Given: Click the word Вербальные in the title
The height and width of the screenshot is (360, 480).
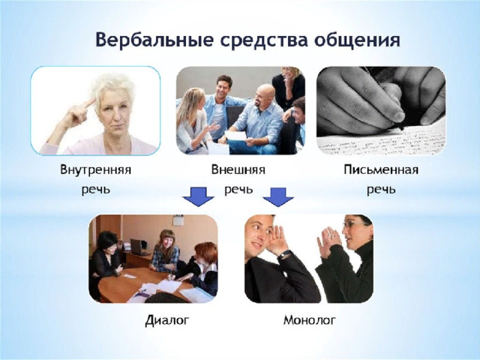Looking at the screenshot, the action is point(154,40).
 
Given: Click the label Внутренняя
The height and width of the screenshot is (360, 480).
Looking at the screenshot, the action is point(96,169).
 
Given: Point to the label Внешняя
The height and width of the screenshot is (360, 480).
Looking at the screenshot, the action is point(238,169).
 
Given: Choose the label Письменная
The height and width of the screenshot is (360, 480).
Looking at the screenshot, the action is point(381,169).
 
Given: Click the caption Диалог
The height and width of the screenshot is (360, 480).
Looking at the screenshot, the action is point(167,320).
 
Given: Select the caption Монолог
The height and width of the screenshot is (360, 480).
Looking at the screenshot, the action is point(310,320).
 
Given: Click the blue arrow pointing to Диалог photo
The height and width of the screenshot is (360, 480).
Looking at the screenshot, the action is point(198,196).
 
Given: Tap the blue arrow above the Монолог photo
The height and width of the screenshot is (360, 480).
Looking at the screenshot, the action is point(278,196).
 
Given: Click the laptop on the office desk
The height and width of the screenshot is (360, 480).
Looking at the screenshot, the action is point(138,247).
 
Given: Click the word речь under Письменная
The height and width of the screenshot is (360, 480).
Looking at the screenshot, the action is point(381,190).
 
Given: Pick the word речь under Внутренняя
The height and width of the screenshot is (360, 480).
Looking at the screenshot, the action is point(96,190).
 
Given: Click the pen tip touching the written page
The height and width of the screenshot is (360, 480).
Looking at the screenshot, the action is point(403,129).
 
